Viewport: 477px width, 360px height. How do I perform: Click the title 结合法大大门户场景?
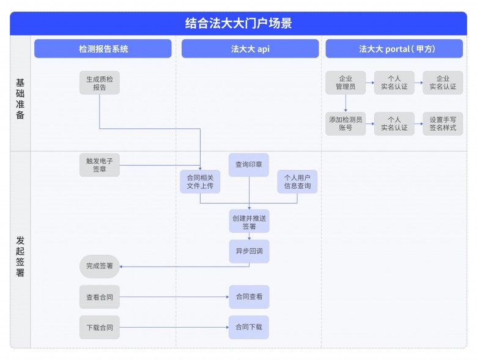point(238,23)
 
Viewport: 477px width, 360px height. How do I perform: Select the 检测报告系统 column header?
point(103,49)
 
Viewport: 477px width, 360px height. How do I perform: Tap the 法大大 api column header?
point(250,49)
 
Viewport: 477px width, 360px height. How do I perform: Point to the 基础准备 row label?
point(20,98)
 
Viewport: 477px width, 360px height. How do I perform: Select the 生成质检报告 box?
point(99,83)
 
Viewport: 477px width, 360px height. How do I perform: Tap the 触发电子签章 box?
point(99,165)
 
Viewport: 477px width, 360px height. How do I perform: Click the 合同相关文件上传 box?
point(199,182)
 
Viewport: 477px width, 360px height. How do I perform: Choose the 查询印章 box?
point(249,164)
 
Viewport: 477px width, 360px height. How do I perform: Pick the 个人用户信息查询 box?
point(297,182)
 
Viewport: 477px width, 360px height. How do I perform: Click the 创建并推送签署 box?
point(249,221)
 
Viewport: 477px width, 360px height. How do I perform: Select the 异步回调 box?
point(249,251)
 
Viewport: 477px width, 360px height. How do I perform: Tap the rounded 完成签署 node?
point(99,266)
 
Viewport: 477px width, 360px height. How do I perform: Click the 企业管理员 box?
point(346,83)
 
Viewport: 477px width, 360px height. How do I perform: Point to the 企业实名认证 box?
point(443,83)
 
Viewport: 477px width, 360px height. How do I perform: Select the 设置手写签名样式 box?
point(443,123)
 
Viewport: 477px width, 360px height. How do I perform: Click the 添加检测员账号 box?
point(346,123)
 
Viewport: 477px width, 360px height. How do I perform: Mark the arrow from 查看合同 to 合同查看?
point(174,297)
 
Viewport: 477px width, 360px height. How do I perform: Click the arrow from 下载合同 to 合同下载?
point(174,328)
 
